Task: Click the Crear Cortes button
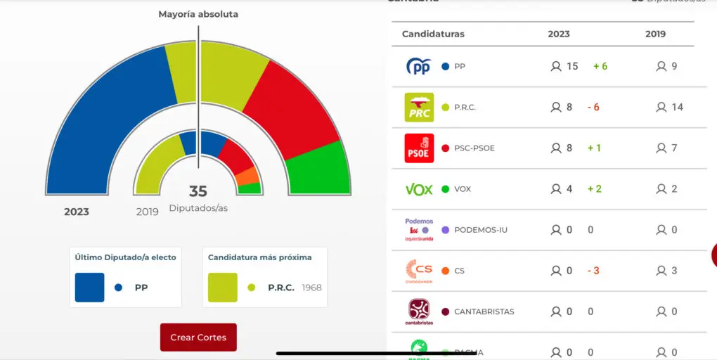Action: tap(198, 337)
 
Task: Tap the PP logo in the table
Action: tap(419, 67)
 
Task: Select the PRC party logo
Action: tap(419, 108)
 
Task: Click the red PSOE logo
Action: tap(419, 148)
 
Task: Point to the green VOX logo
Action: tap(419, 189)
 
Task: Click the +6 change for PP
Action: tap(600, 66)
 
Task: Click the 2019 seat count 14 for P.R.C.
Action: tap(677, 107)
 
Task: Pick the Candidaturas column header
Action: tap(433, 34)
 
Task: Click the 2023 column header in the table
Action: tap(559, 34)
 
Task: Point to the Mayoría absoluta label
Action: tap(198, 14)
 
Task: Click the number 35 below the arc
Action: tap(198, 191)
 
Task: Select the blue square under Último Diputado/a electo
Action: tap(90, 287)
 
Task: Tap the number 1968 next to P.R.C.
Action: tap(311, 288)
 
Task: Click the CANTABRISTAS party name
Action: tap(484, 311)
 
